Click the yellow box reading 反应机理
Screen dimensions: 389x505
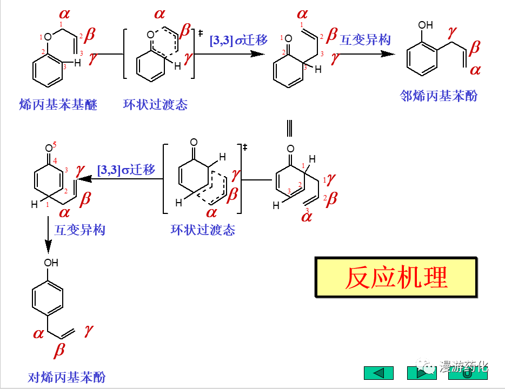[x=396, y=278]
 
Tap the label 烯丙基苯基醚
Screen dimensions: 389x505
[x=58, y=105]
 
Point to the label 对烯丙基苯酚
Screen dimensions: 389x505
[x=67, y=377]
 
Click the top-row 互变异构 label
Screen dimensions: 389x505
[x=365, y=39]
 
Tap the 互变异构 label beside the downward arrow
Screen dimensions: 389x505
[x=79, y=230]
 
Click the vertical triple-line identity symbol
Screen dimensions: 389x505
[x=290, y=128]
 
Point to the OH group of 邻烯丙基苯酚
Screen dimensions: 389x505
[x=426, y=25]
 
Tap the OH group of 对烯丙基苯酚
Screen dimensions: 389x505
[x=51, y=263]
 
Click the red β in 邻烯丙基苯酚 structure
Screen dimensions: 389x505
[x=474, y=48]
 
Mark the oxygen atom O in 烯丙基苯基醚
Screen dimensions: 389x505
[x=48, y=37]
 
